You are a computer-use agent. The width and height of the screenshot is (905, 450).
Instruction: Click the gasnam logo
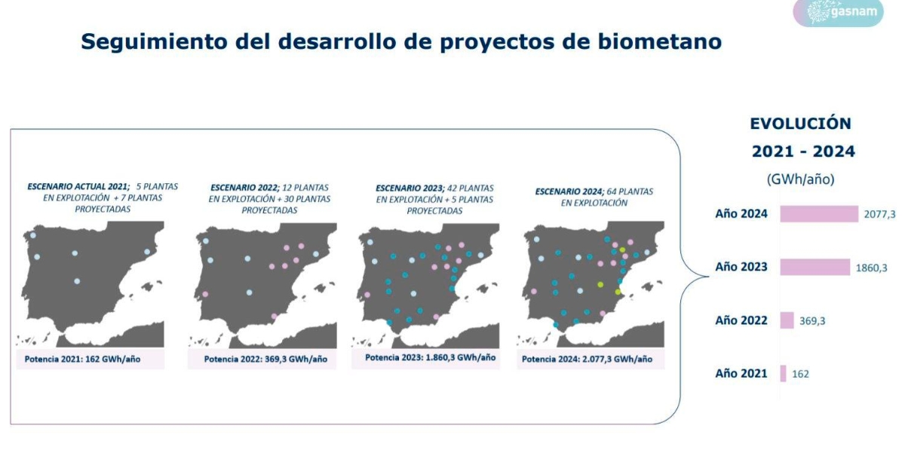[839, 12]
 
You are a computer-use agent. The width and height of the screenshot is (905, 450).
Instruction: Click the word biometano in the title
[659, 41]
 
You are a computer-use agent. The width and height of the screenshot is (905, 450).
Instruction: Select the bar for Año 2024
[819, 213]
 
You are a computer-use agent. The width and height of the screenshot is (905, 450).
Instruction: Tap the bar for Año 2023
[815, 267]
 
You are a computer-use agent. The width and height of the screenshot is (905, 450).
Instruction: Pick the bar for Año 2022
[787, 320]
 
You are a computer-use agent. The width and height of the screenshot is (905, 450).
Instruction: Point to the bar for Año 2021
[783, 373]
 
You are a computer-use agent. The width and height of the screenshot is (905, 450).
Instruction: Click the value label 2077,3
[879, 214]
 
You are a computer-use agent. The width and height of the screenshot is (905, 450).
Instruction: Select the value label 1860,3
[872, 268]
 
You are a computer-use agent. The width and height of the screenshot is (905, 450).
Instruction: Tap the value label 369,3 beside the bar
[812, 321]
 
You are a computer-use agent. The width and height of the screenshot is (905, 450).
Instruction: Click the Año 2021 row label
[741, 373]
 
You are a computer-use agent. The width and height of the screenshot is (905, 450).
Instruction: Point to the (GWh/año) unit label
[800, 179]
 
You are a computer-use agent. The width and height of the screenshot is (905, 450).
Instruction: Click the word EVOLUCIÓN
[800, 123]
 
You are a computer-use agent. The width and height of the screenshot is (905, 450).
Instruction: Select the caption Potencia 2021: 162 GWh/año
[82, 359]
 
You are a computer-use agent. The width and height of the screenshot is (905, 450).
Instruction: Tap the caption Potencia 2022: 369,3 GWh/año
[265, 359]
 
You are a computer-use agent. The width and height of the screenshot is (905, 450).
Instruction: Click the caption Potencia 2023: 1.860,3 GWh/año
[431, 357]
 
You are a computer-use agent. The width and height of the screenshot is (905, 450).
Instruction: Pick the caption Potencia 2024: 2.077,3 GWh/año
[587, 359]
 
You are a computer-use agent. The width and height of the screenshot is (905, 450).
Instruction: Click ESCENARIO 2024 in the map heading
[569, 191]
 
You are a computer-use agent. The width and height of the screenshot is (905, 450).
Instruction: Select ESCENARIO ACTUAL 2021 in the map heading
[78, 187]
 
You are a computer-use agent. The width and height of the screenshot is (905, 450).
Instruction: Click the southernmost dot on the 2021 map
[77, 281]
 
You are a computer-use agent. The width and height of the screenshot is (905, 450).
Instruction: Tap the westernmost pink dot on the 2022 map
[205, 294]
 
